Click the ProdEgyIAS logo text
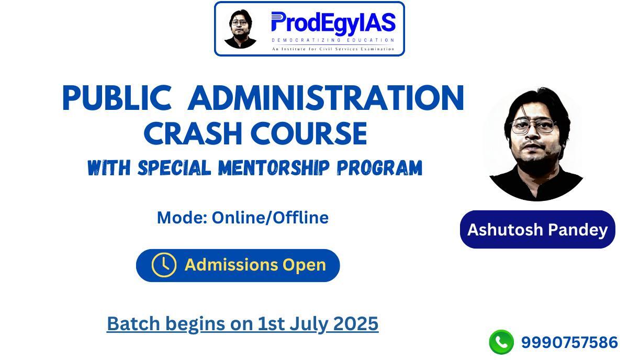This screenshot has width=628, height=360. click(333, 24)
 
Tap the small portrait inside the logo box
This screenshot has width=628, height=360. click(240, 29)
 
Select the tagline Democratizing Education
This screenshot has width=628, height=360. click(333, 40)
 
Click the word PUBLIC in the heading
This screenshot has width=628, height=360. click(117, 98)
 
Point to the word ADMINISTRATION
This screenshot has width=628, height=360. click(326, 98)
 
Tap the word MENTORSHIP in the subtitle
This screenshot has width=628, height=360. click(274, 168)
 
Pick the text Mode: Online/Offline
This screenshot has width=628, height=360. click(243, 218)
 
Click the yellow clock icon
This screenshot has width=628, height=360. click(164, 265)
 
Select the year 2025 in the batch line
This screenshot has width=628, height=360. click(356, 324)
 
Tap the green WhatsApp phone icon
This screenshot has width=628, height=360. click(501, 342)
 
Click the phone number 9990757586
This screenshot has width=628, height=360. click(569, 343)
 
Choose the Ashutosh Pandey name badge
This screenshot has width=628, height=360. click(537, 230)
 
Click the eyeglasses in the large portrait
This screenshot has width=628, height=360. click(533, 126)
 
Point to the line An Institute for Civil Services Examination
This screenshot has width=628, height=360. click(333, 49)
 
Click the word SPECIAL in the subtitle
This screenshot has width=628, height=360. click(175, 168)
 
